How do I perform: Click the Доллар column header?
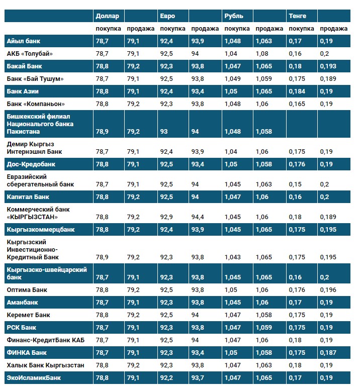(x=107, y=16)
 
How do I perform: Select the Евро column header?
(x=167, y=16)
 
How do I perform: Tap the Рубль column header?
(x=233, y=16)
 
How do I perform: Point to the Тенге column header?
(x=298, y=16)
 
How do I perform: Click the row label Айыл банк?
(x=23, y=41)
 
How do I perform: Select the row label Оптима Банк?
(x=27, y=289)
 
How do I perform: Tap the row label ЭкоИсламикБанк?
(x=34, y=377)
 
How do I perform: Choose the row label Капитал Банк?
(x=28, y=197)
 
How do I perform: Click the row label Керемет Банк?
(x=28, y=315)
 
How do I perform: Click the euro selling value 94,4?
(x=199, y=217)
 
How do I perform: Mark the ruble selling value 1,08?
(x=262, y=53)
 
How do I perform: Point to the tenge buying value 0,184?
(x=298, y=91)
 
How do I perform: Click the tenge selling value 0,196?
(x=328, y=289)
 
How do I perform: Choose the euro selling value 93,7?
(x=199, y=377)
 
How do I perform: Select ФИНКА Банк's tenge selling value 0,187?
(x=328, y=352)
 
